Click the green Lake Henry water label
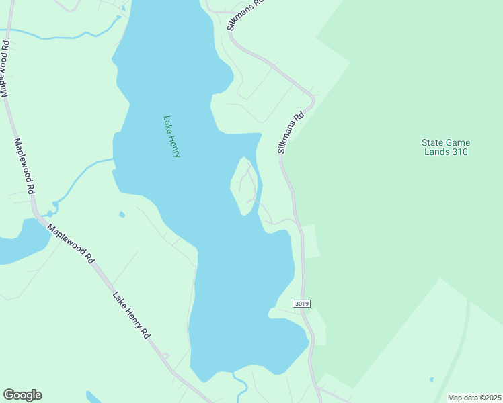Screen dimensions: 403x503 (172, 136)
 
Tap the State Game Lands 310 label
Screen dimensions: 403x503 (445, 147)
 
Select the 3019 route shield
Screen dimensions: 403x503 (302, 304)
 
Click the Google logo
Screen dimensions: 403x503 (22, 395)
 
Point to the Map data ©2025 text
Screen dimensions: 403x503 (473, 398)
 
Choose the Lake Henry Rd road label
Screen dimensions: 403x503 (131, 315)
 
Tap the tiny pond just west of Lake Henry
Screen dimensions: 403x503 (121, 215)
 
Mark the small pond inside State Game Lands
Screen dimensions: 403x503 (431, 379)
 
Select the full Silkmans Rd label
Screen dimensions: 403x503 (291, 132)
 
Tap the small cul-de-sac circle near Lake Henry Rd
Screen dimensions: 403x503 (165, 356)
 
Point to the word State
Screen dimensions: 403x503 (432, 142)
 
